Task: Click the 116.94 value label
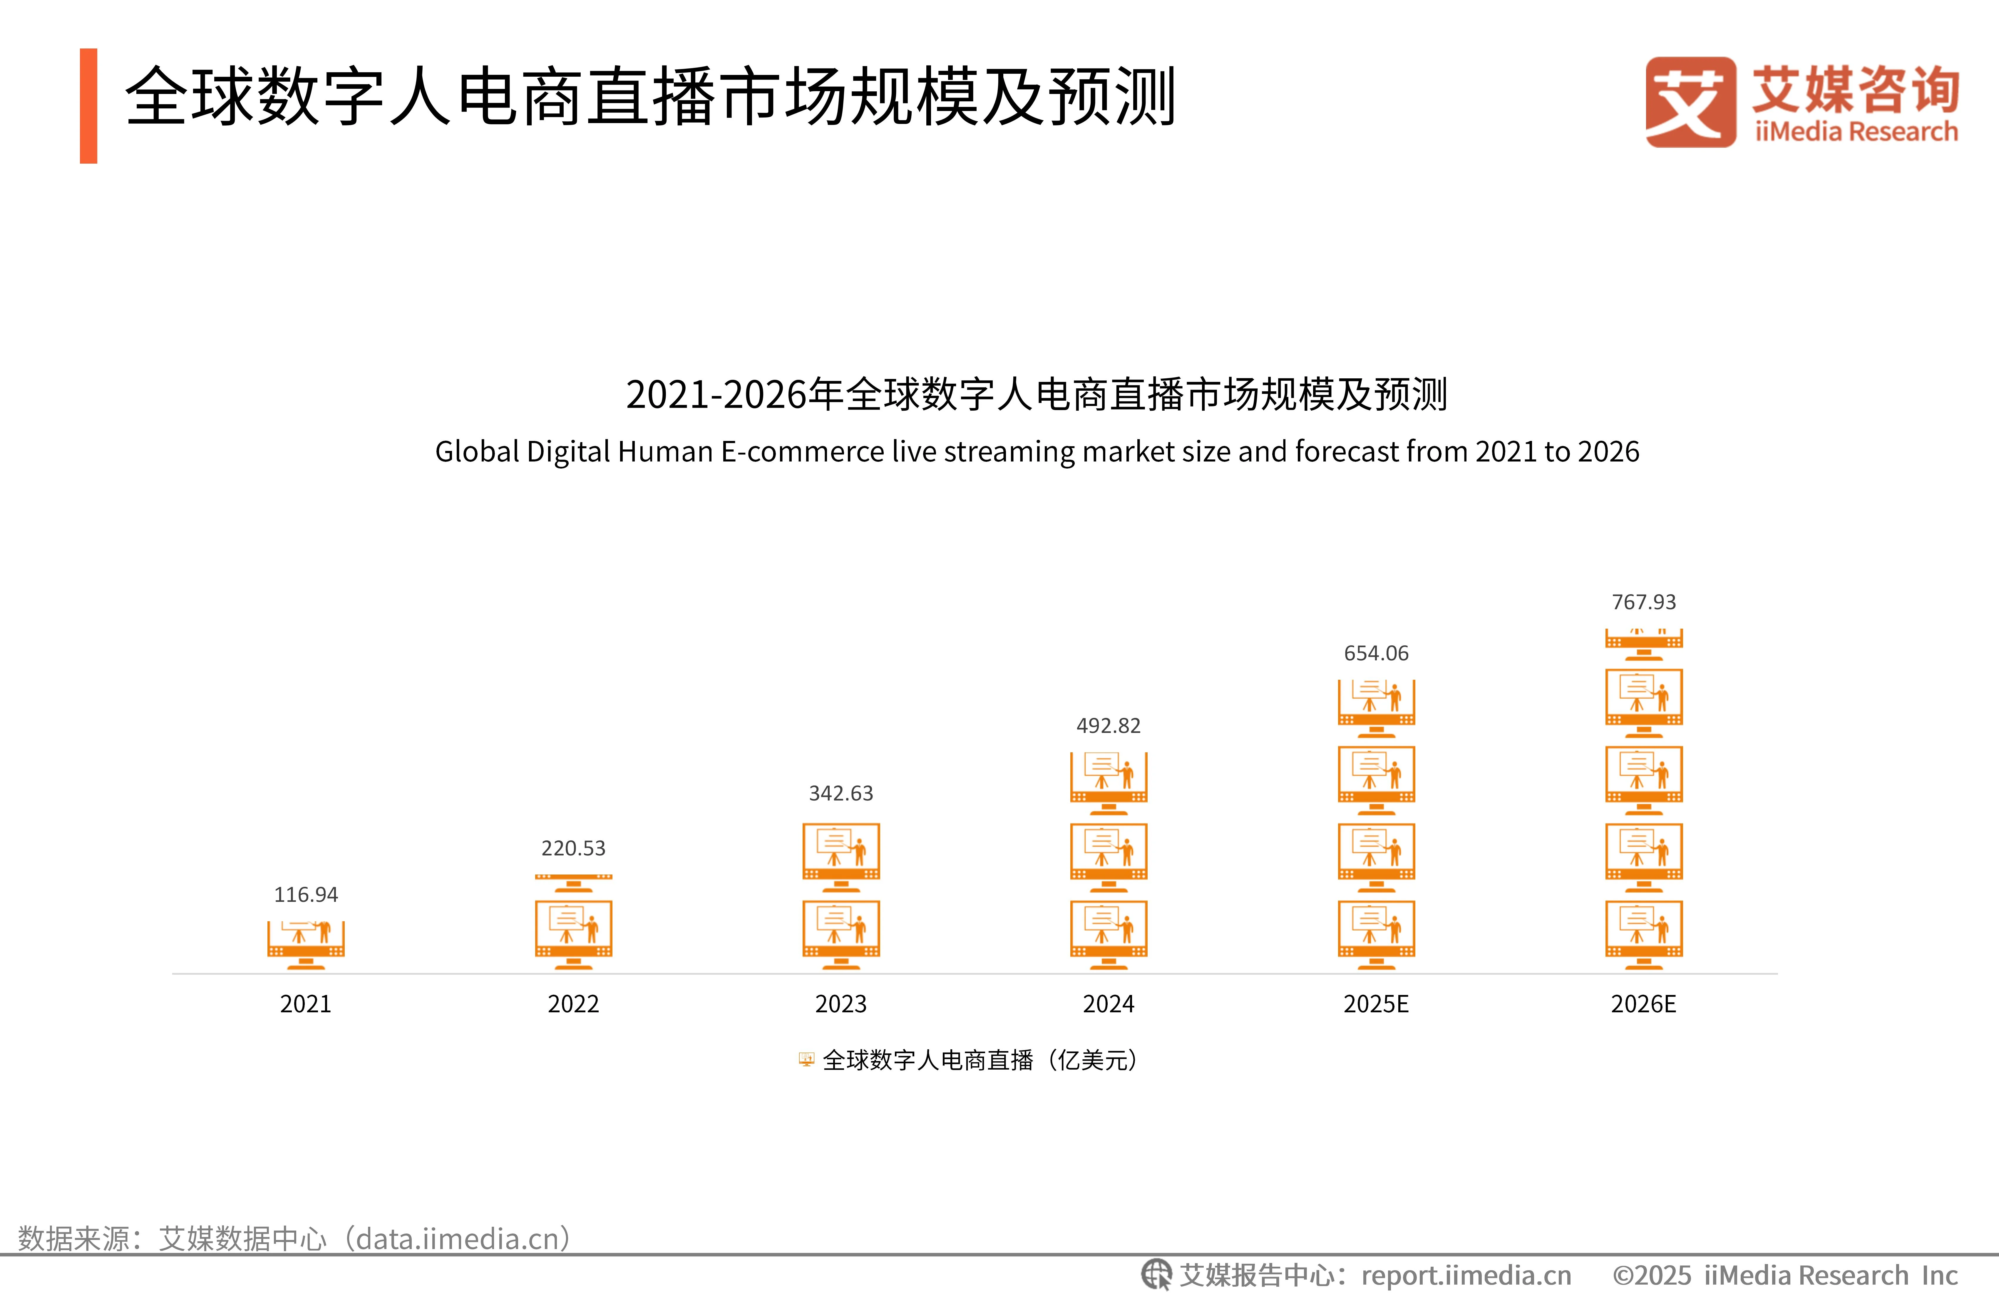(306, 894)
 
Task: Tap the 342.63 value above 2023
(841, 793)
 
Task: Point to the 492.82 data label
(1109, 726)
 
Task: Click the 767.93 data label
(1644, 602)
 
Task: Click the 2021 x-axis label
(306, 1004)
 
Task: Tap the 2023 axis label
(841, 1004)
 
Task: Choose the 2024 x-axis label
(1109, 1004)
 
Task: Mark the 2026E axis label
(1644, 1004)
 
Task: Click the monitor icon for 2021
(306, 945)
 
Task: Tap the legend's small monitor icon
(806, 1060)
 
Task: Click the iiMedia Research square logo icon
(1690, 103)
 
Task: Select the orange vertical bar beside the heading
(88, 106)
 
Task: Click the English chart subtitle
(1037, 452)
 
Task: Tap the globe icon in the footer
(1156, 1275)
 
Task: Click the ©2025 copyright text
(1784, 1275)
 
